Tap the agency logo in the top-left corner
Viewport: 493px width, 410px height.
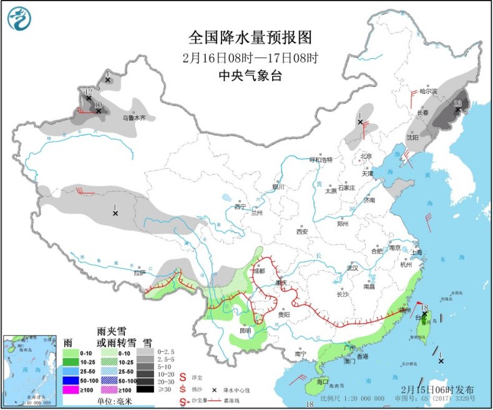[x=19, y=18]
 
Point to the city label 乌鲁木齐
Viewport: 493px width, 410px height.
[x=134, y=117]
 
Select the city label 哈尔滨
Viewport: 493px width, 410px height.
[x=428, y=91]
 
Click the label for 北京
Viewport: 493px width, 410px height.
[x=366, y=156]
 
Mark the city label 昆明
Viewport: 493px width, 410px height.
[x=244, y=330]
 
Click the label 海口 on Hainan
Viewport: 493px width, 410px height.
[x=322, y=381]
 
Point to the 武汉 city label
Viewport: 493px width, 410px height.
[x=353, y=267]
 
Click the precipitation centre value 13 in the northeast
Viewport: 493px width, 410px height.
[x=457, y=103]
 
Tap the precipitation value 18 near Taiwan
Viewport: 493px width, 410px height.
[x=424, y=307]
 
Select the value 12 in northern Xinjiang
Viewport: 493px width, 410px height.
[x=89, y=92]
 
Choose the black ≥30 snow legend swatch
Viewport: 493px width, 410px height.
[x=145, y=389]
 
